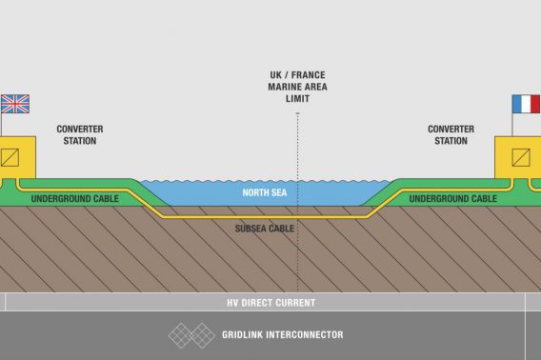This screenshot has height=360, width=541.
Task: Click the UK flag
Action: click(x=15, y=103)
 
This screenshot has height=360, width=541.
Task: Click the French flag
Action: click(x=525, y=103)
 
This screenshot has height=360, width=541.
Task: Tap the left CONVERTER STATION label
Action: click(x=79, y=135)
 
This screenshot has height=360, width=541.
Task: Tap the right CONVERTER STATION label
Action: click(x=451, y=135)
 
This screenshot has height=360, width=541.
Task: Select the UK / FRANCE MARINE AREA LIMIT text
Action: click(x=297, y=86)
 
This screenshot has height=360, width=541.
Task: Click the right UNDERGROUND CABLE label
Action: click(x=453, y=199)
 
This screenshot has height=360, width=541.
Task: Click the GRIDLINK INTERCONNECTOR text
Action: click(x=283, y=335)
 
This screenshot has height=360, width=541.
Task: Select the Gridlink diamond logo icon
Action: click(x=191, y=335)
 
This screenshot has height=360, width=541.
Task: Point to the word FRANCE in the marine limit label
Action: click(x=308, y=74)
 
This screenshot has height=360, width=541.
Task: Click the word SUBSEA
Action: click(x=251, y=229)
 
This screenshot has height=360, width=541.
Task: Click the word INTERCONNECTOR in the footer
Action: click(x=308, y=335)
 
